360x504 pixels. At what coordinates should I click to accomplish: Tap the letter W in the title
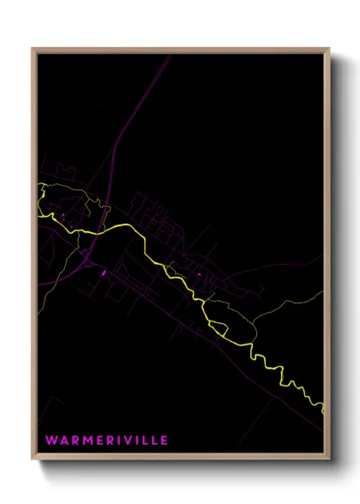click(x=51, y=441)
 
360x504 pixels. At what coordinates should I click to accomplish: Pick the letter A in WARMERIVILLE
click(x=63, y=441)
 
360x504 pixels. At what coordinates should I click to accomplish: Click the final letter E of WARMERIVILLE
click(x=165, y=441)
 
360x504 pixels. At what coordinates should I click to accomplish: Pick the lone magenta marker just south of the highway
click(x=104, y=273)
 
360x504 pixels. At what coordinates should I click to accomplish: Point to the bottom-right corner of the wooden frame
click(x=329, y=463)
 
